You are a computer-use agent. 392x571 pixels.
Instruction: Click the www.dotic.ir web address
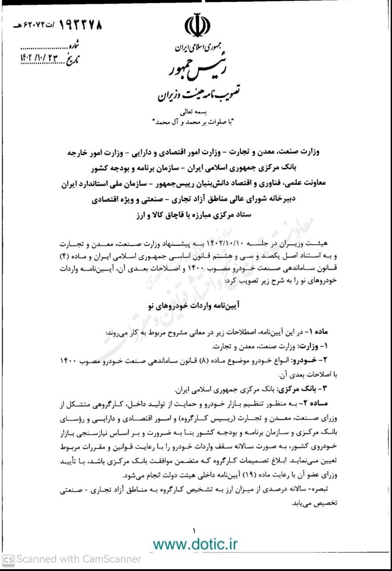196,544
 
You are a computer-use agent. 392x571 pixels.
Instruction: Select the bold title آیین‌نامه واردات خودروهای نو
196,306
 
